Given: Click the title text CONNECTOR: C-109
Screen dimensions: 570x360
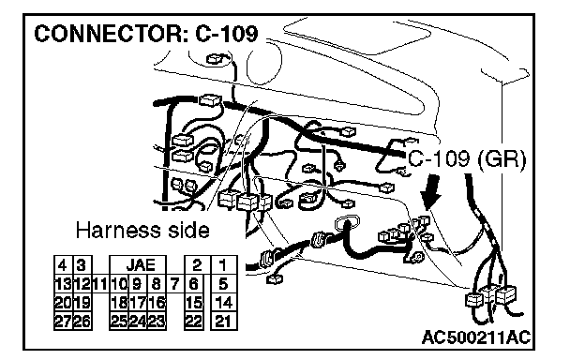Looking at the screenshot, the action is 146,34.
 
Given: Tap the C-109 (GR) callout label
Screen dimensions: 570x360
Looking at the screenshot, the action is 467,159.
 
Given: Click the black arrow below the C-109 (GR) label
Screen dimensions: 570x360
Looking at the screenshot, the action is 431,191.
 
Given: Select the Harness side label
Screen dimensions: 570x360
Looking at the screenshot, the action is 142,231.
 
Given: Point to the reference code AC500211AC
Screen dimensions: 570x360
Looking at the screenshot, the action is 476,337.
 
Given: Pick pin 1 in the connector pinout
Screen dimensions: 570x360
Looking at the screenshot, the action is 224,264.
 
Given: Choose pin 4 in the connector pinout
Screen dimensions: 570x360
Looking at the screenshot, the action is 63,264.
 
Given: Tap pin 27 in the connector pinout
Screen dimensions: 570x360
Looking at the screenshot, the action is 63,321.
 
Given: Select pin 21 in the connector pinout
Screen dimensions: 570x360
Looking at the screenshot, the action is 224,321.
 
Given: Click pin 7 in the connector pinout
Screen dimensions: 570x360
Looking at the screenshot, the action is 175,284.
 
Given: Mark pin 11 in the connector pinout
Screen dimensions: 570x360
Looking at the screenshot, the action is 100,284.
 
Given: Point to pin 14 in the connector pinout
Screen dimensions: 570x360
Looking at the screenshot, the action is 224,303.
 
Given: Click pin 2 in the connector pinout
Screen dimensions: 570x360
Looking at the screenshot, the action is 197,264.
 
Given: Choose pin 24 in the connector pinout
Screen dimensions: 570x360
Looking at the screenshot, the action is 138,321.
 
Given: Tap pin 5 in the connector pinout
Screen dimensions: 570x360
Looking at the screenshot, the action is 224,284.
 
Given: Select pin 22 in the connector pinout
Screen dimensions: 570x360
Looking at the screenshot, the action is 194,321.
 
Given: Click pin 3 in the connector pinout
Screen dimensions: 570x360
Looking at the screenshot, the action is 82,264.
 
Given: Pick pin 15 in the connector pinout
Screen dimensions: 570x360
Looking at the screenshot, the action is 194,303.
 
